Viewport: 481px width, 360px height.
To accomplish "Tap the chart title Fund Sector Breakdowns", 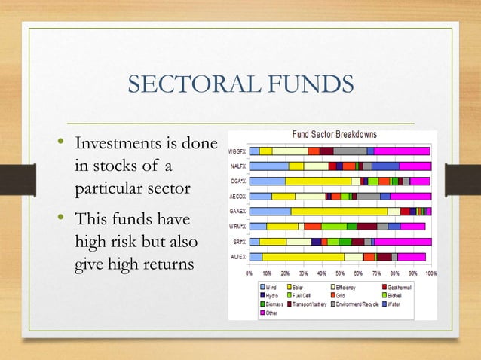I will click(334, 134).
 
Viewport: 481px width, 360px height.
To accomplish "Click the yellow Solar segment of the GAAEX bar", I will click(339, 212).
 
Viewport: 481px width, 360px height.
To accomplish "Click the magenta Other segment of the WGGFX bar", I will click(401, 151).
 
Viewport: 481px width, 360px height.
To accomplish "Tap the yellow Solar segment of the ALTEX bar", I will click(302, 257).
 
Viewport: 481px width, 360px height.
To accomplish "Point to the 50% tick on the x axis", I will click(340, 273).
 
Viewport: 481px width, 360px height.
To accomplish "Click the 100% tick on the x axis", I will click(431, 273).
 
